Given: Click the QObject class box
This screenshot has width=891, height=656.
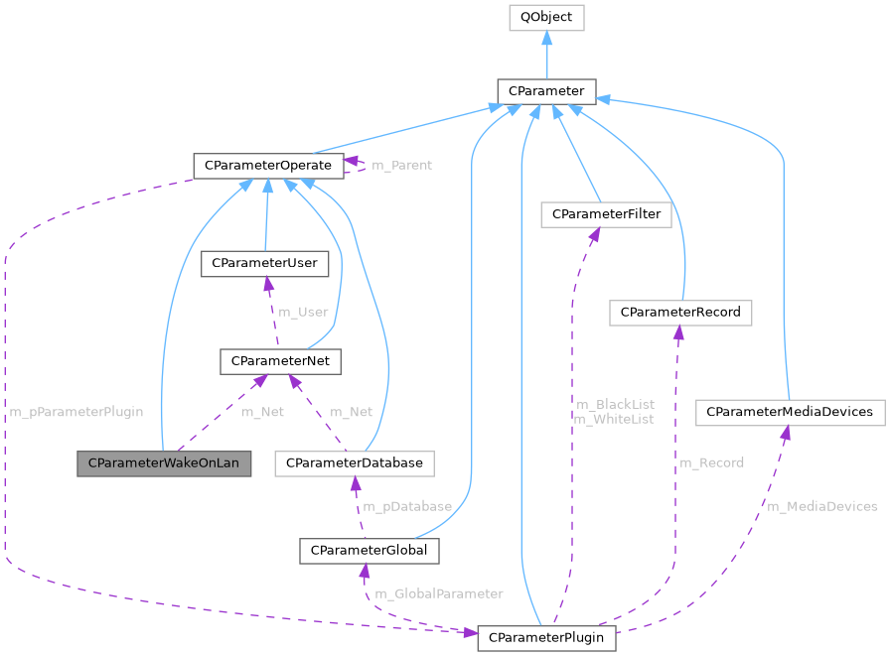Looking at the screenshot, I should click(x=546, y=17).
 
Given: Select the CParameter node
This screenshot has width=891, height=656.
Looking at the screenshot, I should click(x=546, y=91).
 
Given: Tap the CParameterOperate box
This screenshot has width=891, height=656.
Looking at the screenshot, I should click(x=268, y=165).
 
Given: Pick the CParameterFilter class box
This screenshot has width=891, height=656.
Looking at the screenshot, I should click(x=606, y=213).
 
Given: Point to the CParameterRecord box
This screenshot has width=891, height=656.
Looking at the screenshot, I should click(x=680, y=313).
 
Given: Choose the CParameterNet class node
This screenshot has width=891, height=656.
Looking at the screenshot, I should click(x=280, y=361).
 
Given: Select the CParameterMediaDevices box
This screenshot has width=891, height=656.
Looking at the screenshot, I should click(x=789, y=411).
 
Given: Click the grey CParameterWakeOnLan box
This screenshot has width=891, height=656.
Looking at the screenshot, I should click(x=164, y=462).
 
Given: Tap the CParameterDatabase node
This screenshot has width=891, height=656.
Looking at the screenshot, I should click(x=355, y=462).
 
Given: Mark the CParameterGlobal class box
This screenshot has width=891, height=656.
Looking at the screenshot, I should click(x=369, y=550).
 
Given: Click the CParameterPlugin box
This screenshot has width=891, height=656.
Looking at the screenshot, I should click(x=546, y=637).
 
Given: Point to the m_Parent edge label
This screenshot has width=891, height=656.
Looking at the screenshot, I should click(x=401, y=165).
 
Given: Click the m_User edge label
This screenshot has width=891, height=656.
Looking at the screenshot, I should click(x=303, y=312).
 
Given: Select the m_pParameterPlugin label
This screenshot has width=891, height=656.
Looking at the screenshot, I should click(x=76, y=411).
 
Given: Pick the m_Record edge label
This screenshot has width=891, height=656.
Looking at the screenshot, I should click(x=711, y=462).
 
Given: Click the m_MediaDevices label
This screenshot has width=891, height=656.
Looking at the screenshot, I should click(x=821, y=506).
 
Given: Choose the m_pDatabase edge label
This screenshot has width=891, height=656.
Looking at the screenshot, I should click(x=406, y=506).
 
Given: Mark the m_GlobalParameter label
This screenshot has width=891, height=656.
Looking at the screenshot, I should click(x=438, y=593).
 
